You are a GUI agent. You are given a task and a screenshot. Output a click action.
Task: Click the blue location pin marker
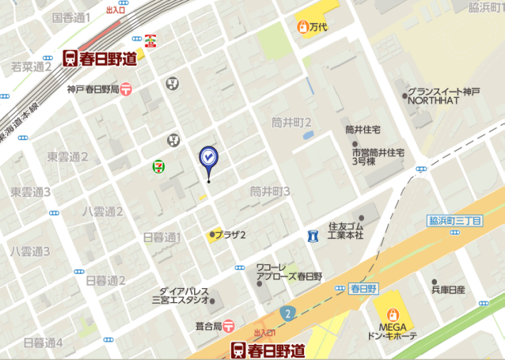[x=208, y=158]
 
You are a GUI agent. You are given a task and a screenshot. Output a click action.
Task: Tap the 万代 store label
[x=319, y=28]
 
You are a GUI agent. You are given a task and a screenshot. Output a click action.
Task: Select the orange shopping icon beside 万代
[x=302, y=28]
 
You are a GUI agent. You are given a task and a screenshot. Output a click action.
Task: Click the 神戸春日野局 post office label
[x=93, y=89]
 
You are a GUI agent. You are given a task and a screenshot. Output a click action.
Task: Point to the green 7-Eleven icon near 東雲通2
[x=159, y=166]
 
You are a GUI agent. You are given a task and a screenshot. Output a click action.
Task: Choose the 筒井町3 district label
[x=270, y=191]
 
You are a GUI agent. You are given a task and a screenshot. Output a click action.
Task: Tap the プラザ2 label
[x=232, y=234]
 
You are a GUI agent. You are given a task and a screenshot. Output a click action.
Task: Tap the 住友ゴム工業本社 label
[x=346, y=231]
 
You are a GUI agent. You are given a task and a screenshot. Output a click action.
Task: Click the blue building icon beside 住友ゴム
[x=314, y=236]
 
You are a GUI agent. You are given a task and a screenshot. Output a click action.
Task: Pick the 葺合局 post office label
[x=207, y=325]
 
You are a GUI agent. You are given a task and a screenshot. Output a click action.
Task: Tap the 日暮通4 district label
[x=43, y=343]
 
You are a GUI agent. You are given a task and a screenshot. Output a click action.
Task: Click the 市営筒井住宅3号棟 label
[x=378, y=156]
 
